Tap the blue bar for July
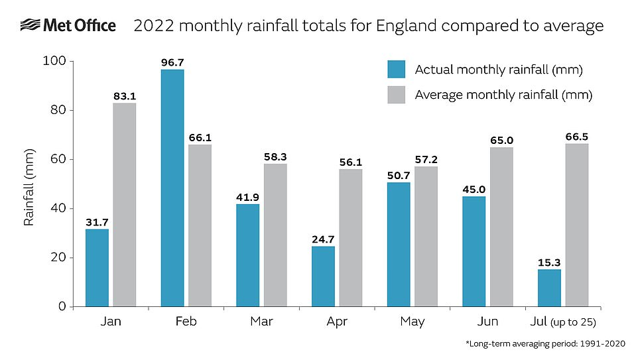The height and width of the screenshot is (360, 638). tap(549, 288)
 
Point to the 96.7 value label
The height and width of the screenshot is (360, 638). tap(172, 62)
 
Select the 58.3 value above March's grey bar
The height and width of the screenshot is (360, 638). tap(275, 156)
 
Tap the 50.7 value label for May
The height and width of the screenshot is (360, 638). tap(399, 175)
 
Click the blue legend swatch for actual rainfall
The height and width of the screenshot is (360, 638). tap(396, 70)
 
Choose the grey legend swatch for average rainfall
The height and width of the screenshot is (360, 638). tap(396, 95)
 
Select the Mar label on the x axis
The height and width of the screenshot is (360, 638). tap(261, 322)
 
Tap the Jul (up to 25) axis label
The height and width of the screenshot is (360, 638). tap(563, 322)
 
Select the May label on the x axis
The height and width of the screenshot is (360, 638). tap(413, 322)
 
